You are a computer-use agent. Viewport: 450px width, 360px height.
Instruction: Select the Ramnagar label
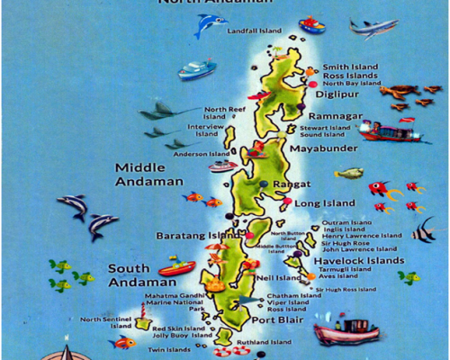tap(335, 116)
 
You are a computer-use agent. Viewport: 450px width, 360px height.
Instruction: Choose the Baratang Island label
tap(191, 236)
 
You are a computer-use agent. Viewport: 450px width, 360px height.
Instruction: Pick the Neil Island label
tap(277, 278)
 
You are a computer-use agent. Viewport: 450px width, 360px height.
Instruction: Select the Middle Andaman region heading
tap(141, 174)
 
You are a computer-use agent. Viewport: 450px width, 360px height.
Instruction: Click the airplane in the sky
tap(373, 29)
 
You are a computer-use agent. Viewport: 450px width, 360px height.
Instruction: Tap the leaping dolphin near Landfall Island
tap(210, 25)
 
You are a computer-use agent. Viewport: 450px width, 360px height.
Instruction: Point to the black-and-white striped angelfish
tap(422, 231)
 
